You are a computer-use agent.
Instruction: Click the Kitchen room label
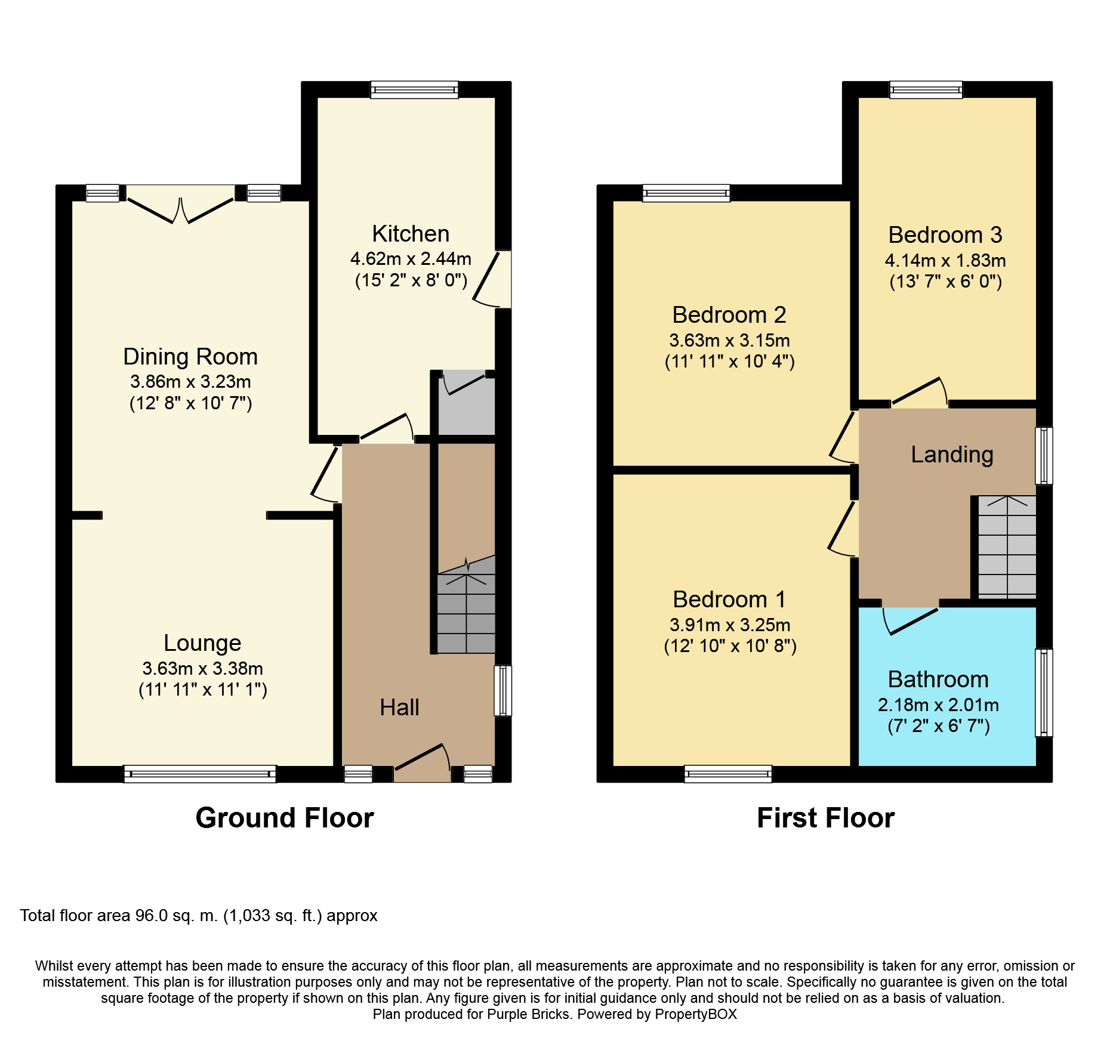tap(411, 234)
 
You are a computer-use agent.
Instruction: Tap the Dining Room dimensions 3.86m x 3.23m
tap(190, 382)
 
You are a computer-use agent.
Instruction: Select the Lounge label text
tap(202, 643)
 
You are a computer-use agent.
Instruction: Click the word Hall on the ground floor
tap(399, 708)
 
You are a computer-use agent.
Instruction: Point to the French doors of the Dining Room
tap(180, 209)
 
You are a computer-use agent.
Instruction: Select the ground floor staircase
tap(466, 611)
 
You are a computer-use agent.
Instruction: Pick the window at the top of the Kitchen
tap(414, 90)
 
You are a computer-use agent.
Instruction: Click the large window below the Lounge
tap(200, 774)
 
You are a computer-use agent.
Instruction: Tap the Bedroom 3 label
tap(945, 235)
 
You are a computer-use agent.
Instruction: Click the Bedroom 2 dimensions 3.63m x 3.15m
tap(729, 341)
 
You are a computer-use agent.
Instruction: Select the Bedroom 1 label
tap(729, 600)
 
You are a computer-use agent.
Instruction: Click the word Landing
tap(952, 455)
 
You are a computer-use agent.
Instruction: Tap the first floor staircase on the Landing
tap(1007, 548)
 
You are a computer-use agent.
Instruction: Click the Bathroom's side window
tap(1043, 693)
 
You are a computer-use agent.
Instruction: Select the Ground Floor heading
tap(285, 818)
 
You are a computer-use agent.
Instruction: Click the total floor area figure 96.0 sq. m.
tap(176, 916)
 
